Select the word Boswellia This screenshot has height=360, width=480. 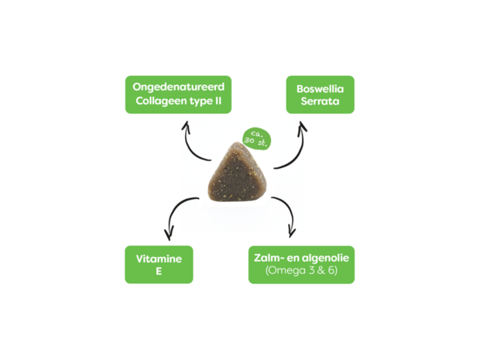(320, 88)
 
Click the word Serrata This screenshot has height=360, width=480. (320, 101)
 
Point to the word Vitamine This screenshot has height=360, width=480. (158, 259)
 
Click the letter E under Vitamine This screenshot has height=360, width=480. (158, 272)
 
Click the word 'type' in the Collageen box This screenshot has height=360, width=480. (201, 102)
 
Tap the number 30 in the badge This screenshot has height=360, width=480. (249, 141)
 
